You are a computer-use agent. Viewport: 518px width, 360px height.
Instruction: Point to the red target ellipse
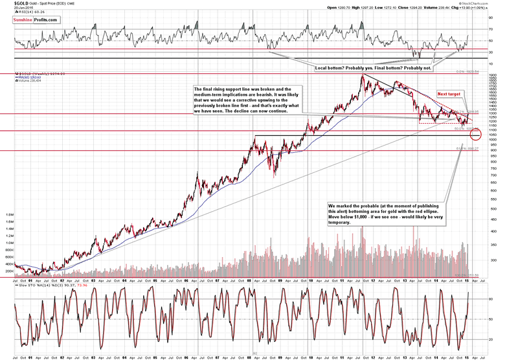pyautogui.click(x=477, y=135)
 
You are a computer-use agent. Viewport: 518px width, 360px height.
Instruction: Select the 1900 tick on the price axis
pyautogui.click(x=492, y=75)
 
